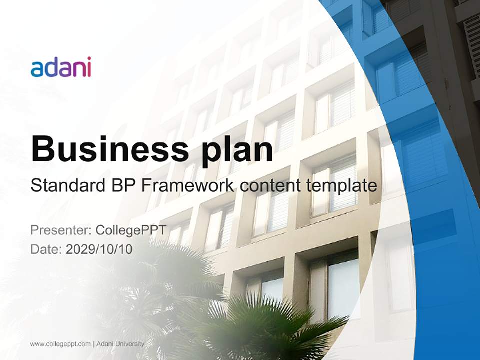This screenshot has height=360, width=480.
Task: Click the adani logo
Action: (x=61, y=67)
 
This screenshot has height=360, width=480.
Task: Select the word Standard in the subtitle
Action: (x=66, y=186)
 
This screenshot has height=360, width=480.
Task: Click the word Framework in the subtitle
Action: (x=187, y=186)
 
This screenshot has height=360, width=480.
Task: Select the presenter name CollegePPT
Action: (x=131, y=230)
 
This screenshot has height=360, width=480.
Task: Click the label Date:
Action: (x=46, y=249)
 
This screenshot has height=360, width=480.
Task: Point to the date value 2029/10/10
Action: (x=99, y=249)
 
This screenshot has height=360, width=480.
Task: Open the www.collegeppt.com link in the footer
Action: (x=60, y=344)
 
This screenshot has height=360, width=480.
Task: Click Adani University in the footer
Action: (x=120, y=344)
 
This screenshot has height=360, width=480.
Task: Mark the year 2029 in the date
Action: (x=79, y=249)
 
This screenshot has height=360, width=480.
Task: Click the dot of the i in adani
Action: (x=88, y=59)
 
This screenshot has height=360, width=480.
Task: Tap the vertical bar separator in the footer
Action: (x=93, y=344)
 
